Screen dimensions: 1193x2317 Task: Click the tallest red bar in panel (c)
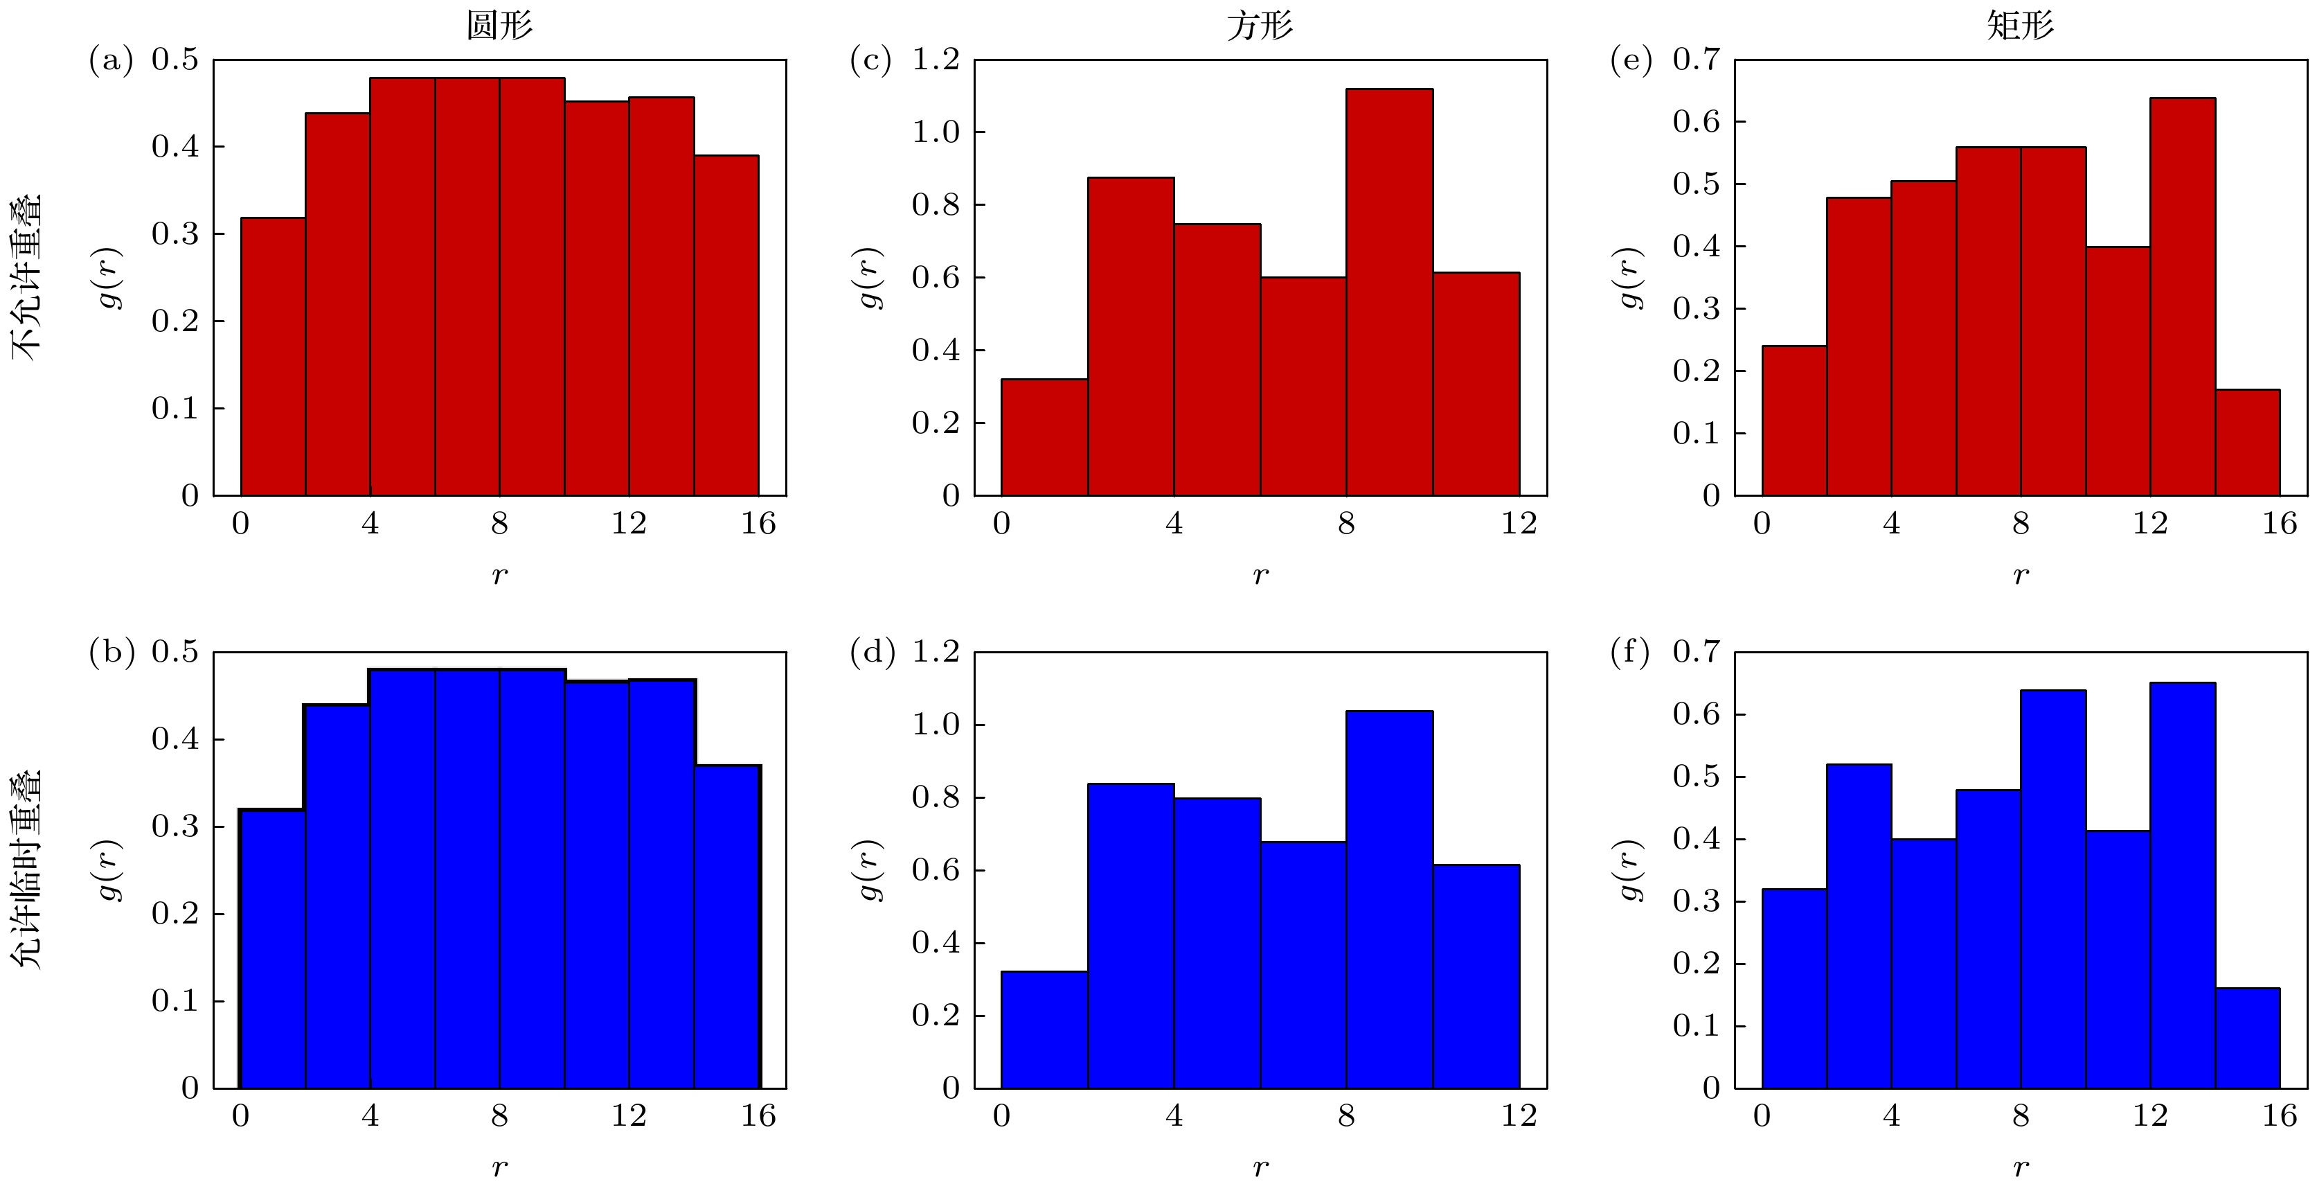(1389, 292)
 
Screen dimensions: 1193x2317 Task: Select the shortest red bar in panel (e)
(2247, 443)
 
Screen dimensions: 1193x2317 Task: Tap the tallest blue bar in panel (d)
(1389, 900)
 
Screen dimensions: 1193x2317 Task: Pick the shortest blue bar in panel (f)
(2247, 1039)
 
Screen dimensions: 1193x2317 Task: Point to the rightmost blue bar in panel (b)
(727, 927)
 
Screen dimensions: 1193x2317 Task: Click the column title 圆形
(499, 25)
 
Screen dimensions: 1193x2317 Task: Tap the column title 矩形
(2020, 25)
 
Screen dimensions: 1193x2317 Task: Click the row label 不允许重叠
(27, 277)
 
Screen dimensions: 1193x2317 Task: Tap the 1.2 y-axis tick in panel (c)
(936, 60)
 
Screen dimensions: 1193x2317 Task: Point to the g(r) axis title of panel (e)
(1631, 277)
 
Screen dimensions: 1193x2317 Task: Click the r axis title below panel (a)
(499, 576)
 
